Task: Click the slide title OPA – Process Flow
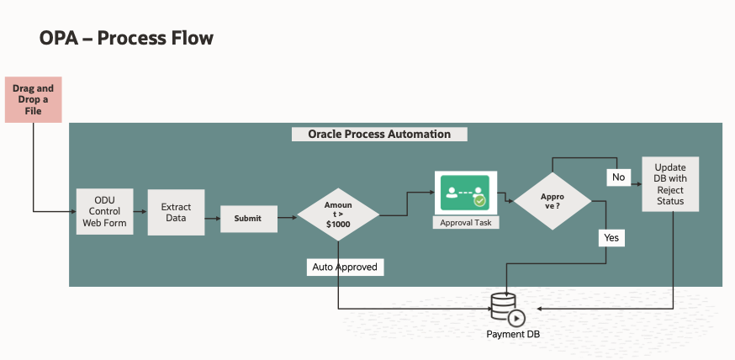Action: point(126,38)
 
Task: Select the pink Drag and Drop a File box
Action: point(33,99)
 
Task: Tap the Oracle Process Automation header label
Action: point(378,135)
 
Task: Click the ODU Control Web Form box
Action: point(104,211)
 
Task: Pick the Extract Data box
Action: point(176,212)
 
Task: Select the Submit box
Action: point(247,218)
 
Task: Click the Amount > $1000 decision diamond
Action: point(337,215)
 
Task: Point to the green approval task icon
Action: point(465,193)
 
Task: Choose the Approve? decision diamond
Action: point(552,200)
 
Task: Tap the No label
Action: point(618,177)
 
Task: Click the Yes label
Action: point(611,238)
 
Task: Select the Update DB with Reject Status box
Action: point(670,183)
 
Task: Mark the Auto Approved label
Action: point(346,267)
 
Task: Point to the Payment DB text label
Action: point(513,334)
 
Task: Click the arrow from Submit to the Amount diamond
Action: point(287,218)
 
